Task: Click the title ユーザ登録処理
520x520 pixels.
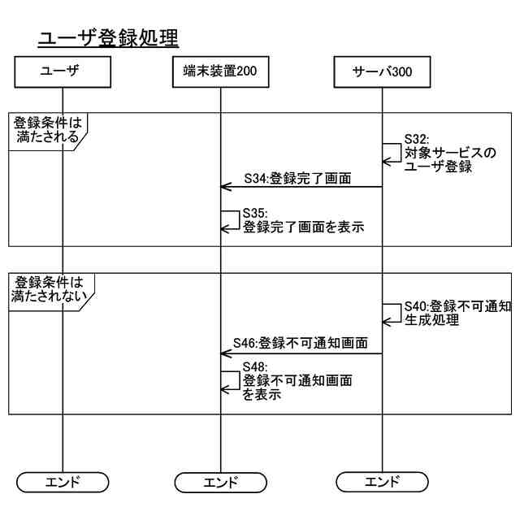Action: [108, 37]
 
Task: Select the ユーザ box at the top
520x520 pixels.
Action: [62, 71]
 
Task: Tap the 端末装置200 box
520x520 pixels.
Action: [220, 71]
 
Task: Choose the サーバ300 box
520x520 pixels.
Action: [382, 71]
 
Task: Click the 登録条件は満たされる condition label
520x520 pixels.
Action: [47, 129]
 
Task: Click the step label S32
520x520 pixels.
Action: [416, 139]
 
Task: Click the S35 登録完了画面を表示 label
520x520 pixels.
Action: [302, 221]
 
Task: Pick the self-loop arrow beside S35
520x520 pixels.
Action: [231, 220]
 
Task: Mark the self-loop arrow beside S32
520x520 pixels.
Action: [392, 153]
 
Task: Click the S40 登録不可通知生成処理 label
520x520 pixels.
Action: [457, 313]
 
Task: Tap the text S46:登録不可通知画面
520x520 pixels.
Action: [300, 344]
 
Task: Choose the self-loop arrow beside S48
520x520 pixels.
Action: [231, 380]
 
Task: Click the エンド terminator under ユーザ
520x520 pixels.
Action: [62, 482]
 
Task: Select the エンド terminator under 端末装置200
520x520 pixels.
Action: [220, 482]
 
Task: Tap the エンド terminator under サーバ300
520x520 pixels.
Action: [382, 482]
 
